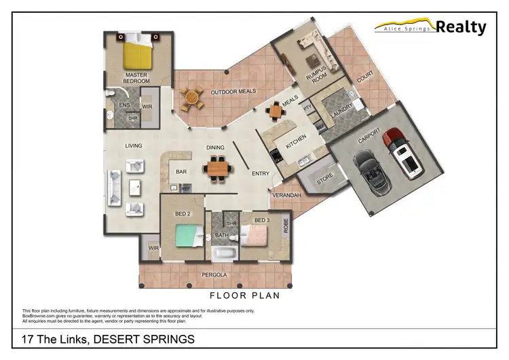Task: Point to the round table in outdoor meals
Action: tap(193, 98)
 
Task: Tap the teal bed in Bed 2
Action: tap(186, 234)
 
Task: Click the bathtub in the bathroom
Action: tap(223, 255)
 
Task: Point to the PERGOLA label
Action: tap(213, 276)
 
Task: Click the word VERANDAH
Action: tap(285, 195)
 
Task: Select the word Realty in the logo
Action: tap(461, 27)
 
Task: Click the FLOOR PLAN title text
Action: tap(244, 295)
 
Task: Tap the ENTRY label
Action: tap(261, 174)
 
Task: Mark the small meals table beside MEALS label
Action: tap(274, 111)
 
